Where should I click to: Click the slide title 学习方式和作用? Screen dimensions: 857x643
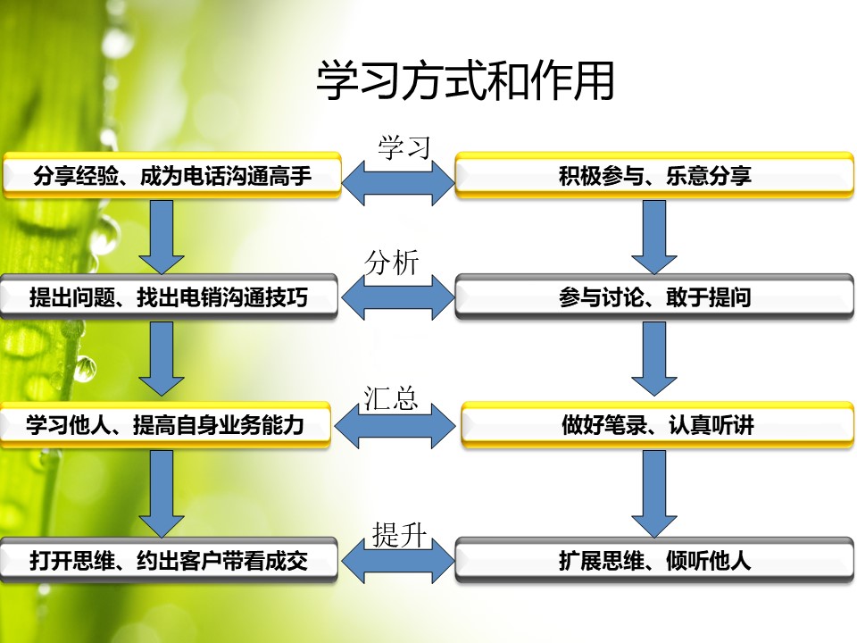click(466, 81)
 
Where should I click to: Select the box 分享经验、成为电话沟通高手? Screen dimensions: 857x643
click(172, 175)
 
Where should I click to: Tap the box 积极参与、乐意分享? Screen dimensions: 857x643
click(654, 175)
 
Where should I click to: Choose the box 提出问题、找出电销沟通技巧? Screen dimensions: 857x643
click(169, 296)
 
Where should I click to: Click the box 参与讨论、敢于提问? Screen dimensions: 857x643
click(654, 296)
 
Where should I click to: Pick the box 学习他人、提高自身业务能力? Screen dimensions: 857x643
click(165, 425)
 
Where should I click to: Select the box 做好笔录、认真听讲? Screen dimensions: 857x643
click(658, 425)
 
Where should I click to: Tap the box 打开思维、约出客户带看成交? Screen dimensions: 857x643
click(169, 561)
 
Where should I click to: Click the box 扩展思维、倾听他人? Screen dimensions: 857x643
click(654, 561)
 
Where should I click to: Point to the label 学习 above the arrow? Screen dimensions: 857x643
click(404, 147)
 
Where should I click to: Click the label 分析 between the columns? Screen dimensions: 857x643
click(392, 263)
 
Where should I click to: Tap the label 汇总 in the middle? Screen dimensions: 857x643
click(391, 398)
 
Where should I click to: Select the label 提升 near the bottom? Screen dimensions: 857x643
click(400, 534)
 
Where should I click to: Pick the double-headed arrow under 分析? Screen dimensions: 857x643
click(398, 296)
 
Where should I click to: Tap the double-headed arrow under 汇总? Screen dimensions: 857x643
click(395, 426)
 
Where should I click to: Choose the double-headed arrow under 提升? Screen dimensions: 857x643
click(398, 561)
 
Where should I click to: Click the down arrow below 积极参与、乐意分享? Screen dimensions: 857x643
click(654, 237)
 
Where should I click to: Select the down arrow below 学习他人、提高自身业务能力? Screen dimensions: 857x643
click(162, 494)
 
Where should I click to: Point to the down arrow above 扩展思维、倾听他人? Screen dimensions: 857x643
click(654, 494)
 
